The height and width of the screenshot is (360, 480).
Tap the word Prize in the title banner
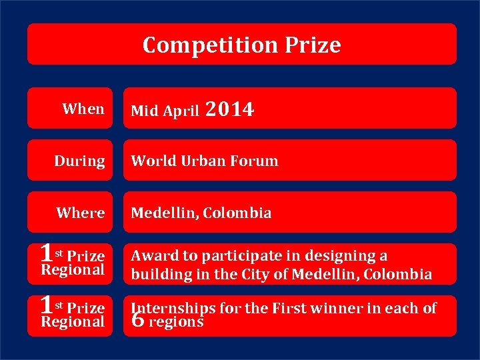313,45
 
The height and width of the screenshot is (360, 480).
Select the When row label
83,109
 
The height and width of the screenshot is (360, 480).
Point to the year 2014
230,109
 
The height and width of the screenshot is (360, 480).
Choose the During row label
79,161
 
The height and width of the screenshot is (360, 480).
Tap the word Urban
199,161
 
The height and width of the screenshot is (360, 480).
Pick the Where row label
80,213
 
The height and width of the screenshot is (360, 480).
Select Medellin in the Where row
164,213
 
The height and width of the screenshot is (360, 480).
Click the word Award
152,256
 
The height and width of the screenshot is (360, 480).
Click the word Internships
173,308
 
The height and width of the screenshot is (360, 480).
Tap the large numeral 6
138,321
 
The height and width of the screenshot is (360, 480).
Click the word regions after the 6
176,322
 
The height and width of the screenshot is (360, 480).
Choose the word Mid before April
143,111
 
